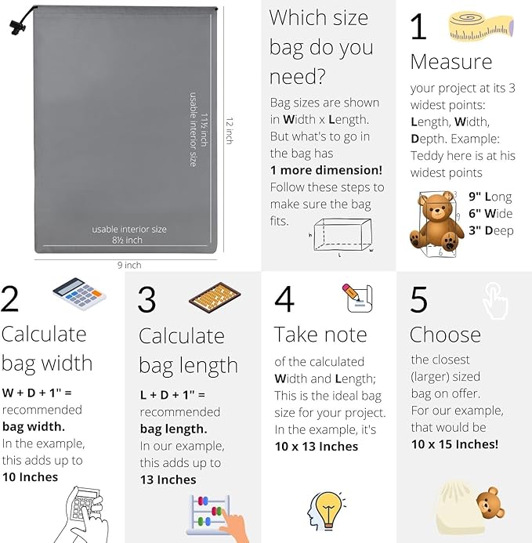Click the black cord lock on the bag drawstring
17,27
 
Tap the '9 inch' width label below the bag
129,266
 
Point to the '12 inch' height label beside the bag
230,131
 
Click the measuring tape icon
481,27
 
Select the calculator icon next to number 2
79,294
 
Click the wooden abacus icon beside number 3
215,299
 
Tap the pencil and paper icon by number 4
357,298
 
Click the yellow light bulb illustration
326,511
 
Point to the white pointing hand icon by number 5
496,301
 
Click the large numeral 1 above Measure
418,27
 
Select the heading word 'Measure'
451,62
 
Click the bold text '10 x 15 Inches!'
454,444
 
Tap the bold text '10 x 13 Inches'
317,447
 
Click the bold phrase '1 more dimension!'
326,170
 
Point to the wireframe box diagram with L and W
342,236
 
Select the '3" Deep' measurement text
490,230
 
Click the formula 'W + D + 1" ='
37,393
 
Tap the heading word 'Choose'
445,335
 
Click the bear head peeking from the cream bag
490,504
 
